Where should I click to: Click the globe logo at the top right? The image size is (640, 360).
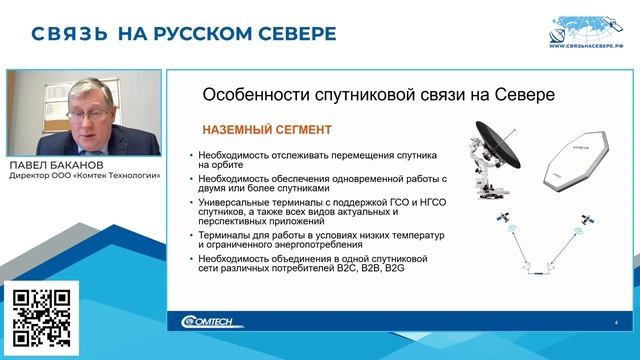coord(586,25)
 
